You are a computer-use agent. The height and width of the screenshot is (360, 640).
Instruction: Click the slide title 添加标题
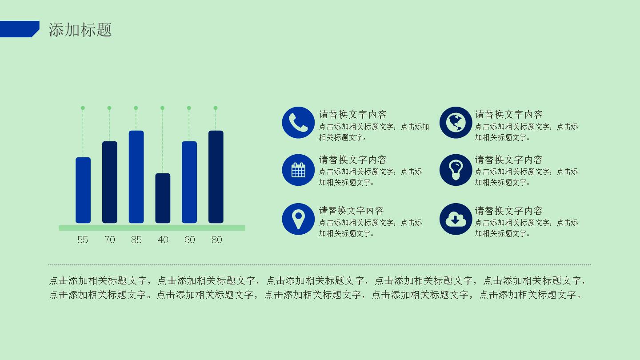pyautogui.click(x=80, y=30)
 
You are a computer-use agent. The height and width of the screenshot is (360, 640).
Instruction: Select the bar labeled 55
pyautogui.click(x=83, y=190)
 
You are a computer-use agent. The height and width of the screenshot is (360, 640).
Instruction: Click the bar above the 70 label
pyautogui.click(x=110, y=182)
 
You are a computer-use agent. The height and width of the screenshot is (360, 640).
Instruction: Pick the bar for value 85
pyautogui.click(x=136, y=177)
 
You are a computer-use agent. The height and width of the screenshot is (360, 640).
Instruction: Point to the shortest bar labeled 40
pyautogui.click(x=163, y=198)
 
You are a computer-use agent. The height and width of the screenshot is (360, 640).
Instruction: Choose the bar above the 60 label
pyautogui.click(x=189, y=182)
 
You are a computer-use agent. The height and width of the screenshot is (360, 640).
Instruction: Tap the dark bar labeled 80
pyautogui.click(x=216, y=177)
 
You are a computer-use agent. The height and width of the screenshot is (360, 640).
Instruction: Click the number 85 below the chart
pyautogui.click(x=136, y=240)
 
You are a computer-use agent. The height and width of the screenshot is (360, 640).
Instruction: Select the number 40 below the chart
pyautogui.click(x=163, y=240)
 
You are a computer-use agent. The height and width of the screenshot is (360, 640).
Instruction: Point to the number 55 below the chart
pyautogui.click(x=83, y=240)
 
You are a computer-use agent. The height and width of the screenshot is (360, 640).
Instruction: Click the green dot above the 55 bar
pyautogui.click(x=83, y=108)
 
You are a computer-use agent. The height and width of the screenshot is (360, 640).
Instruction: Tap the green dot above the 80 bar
pyautogui.click(x=216, y=108)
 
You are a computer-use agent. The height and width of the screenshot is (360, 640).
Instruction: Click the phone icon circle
pyautogui.click(x=298, y=123)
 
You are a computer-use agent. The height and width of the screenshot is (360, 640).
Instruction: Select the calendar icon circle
pyautogui.click(x=298, y=170)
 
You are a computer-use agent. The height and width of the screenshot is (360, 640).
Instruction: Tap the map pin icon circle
pyautogui.click(x=298, y=219)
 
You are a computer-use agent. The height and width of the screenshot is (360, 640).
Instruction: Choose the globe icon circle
pyautogui.click(x=456, y=123)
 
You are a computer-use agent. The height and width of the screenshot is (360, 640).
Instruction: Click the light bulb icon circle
pyautogui.click(x=456, y=170)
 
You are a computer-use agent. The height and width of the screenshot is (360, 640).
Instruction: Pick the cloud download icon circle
pyautogui.click(x=456, y=219)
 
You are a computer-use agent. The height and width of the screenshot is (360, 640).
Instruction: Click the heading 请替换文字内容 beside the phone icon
pyautogui.click(x=352, y=115)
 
